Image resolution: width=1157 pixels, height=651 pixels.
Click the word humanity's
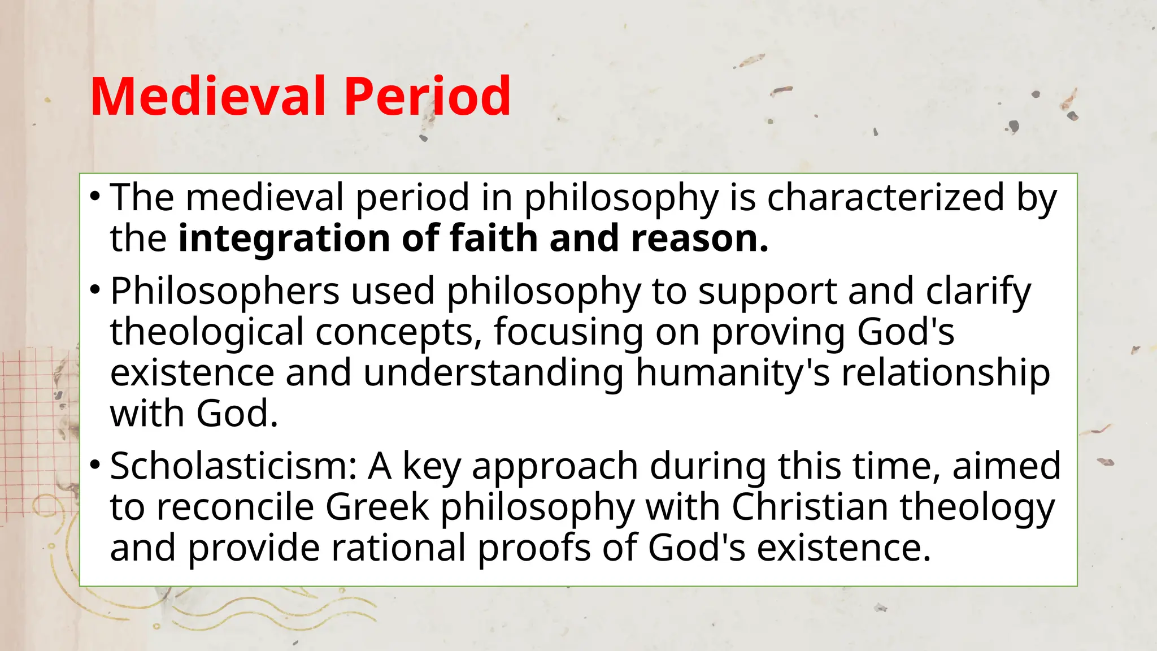[x=733, y=374]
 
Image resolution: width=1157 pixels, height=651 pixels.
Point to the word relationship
[x=946, y=374]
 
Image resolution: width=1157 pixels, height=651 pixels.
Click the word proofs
[x=534, y=549]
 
